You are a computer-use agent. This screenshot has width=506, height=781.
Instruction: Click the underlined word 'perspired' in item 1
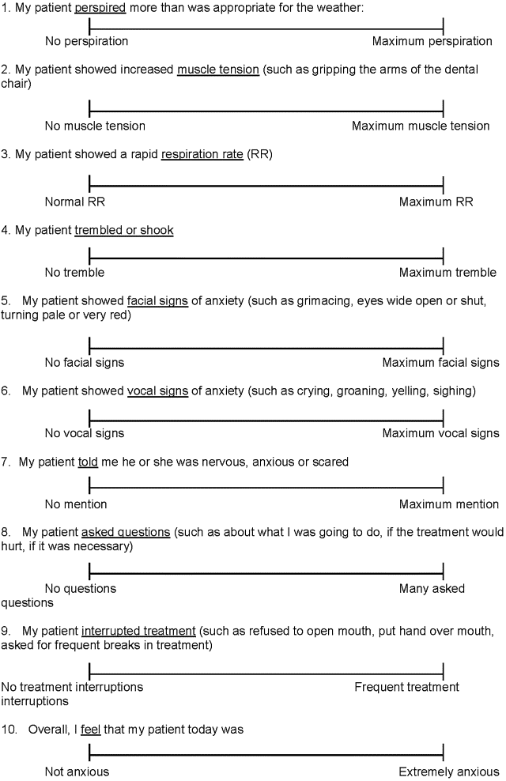click(100, 8)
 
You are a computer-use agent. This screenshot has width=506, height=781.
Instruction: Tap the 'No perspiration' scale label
click(86, 40)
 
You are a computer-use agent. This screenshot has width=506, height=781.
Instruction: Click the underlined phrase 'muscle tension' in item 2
click(218, 70)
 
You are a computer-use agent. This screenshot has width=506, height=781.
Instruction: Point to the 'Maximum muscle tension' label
click(421, 126)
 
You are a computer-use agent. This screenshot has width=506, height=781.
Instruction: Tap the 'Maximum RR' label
click(436, 202)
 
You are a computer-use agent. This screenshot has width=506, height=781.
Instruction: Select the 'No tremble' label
click(74, 273)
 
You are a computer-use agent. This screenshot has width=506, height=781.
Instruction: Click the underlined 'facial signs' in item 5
click(158, 300)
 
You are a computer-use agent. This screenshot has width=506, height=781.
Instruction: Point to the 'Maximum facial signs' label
click(440, 363)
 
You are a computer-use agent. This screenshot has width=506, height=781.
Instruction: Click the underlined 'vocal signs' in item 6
click(158, 390)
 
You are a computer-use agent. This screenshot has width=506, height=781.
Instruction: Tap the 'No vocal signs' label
click(85, 433)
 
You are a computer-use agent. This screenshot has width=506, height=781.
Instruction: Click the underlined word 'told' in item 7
click(88, 462)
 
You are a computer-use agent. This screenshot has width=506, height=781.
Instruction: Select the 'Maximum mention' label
click(448, 504)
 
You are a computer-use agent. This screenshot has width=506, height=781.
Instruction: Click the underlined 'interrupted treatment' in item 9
click(138, 631)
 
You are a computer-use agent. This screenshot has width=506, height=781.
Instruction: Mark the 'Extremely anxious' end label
click(448, 772)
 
